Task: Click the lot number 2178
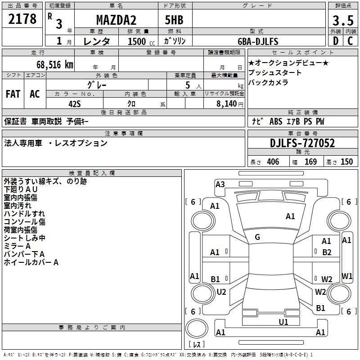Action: click(22, 19)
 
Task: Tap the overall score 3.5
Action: click(342, 21)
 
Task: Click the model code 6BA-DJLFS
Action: click(258, 41)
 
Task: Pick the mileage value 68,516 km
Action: click(52, 64)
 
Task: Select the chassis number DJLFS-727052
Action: click(302, 144)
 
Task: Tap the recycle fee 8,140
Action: click(226, 104)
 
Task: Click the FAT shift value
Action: click(13, 94)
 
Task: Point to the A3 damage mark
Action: click(220, 184)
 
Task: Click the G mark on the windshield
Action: click(257, 237)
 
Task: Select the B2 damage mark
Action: click(327, 252)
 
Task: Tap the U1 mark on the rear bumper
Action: click(283, 322)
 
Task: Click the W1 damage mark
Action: click(347, 276)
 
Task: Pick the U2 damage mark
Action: click(221, 292)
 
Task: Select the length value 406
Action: click(272, 162)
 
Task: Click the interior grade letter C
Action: click(350, 41)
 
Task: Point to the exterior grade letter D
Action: click(336, 41)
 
